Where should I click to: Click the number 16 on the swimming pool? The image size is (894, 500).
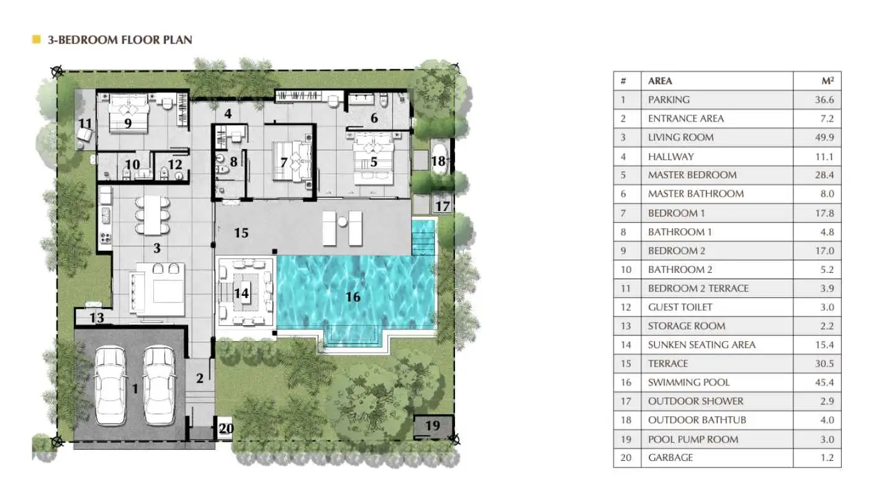click(353, 297)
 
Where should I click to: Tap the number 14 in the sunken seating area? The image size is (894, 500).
click(242, 293)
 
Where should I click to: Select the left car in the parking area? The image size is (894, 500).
click(110, 386)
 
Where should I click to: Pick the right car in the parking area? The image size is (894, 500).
click(159, 385)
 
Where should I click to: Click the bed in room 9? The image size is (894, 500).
click(129, 114)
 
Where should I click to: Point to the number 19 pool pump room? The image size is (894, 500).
click(433, 426)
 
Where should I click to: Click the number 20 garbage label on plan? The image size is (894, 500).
click(226, 429)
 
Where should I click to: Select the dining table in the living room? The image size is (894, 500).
click(153, 215)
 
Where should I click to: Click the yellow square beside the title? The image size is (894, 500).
click(36, 39)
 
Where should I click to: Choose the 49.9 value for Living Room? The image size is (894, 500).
click(824, 137)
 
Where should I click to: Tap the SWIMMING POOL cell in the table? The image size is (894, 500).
click(689, 382)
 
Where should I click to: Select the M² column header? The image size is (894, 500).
click(828, 81)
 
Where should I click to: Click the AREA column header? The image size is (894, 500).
click(660, 81)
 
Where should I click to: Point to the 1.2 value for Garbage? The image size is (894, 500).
click(828, 457)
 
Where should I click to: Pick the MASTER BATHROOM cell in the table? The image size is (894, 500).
click(696, 194)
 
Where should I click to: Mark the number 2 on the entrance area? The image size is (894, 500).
click(200, 378)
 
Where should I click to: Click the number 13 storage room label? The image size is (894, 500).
click(97, 318)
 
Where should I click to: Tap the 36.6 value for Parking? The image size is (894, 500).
click(824, 100)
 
